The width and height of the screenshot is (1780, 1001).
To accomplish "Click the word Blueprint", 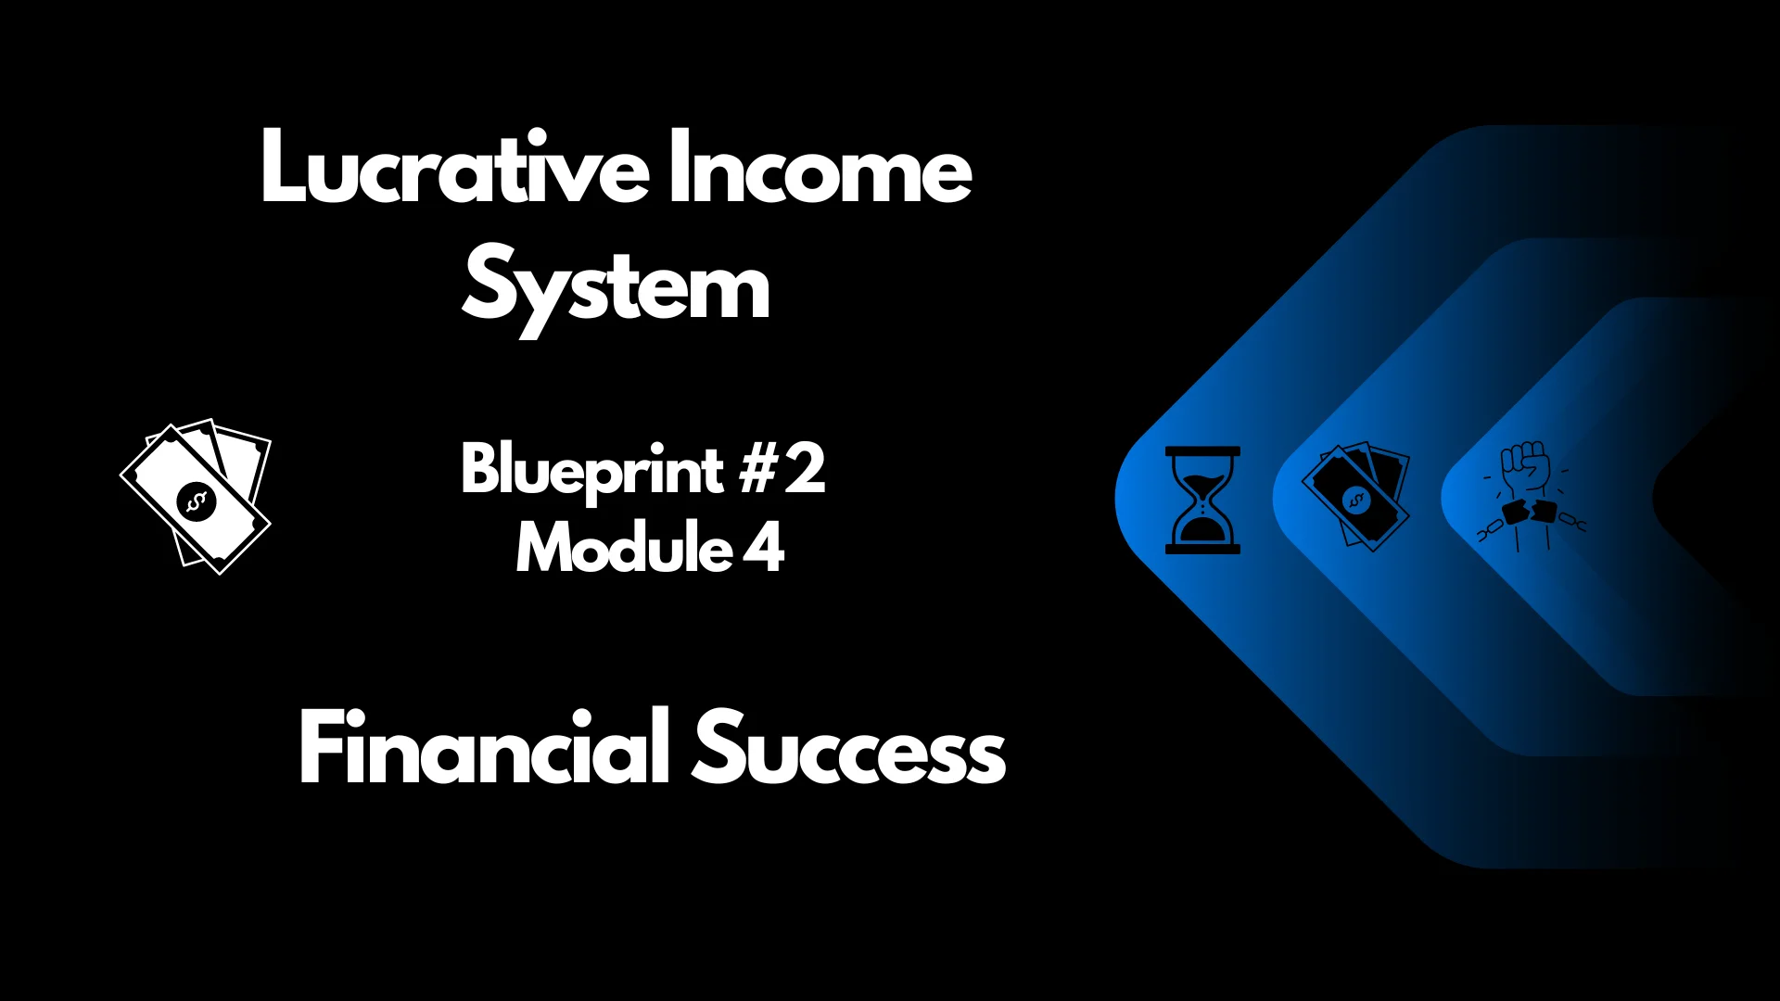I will pyautogui.click(x=591, y=471).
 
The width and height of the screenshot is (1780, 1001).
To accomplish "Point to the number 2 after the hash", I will pyautogui.click(x=804, y=469).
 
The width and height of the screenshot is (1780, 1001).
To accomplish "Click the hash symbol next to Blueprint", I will pyautogui.click(x=756, y=469).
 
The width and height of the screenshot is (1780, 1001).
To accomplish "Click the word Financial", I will pyautogui.click(x=483, y=749).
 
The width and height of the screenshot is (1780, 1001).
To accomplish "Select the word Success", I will pyautogui.click(x=848, y=749).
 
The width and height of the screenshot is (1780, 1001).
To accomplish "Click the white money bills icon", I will pyautogui.click(x=196, y=497).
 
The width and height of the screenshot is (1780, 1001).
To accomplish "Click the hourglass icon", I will pyautogui.click(x=1202, y=500).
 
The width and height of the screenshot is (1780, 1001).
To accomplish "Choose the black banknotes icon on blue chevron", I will pyautogui.click(x=1355, y=497).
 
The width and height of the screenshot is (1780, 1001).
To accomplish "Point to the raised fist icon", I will pyautogui.click(x=1526, y=469).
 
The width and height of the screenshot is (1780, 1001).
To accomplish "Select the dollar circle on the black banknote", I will pyautogui.click(x=1356, y=501).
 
